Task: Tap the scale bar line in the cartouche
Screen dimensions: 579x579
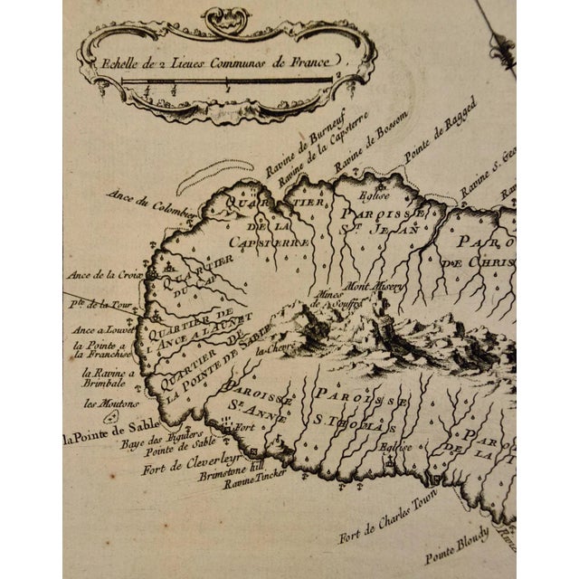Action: pyautogui.click(x=226, y=81)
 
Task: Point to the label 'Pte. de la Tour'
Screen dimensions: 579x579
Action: pyautogui.click(x=103, y=304)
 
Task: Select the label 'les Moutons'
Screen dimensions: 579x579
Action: pyautogui.click(x=100, y=403)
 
